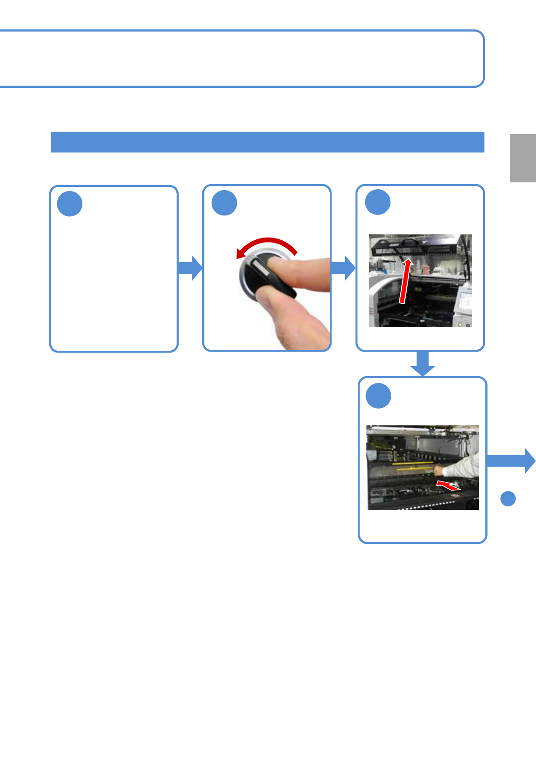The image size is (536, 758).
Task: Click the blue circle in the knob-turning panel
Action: click(224, 203)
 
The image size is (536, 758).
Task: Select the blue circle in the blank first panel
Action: click(70, 204)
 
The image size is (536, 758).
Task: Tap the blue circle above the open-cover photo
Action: click(378, 202)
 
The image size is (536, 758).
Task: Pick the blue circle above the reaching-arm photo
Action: click(378, 396)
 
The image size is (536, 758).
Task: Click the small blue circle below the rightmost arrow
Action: click(508, 498)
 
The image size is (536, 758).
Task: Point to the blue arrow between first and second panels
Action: click(190, 268)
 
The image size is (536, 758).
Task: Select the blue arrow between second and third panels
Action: click(343, 268)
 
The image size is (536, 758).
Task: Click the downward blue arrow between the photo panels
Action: click(422, 364)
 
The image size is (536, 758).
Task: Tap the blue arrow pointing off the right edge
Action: click(511, 461)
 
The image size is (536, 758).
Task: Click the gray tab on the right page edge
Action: click(523, 158)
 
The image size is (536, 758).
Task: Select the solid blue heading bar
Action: click(267, 142)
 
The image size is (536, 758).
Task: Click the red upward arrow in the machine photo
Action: click(405, 281)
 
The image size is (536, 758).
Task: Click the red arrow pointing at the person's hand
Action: click(448, 486)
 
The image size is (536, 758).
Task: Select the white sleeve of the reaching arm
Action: click(464, 466)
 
